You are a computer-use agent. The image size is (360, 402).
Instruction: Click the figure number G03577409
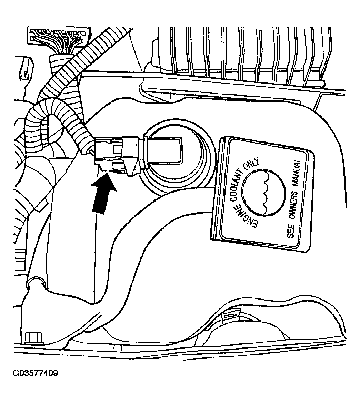point(35,373)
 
